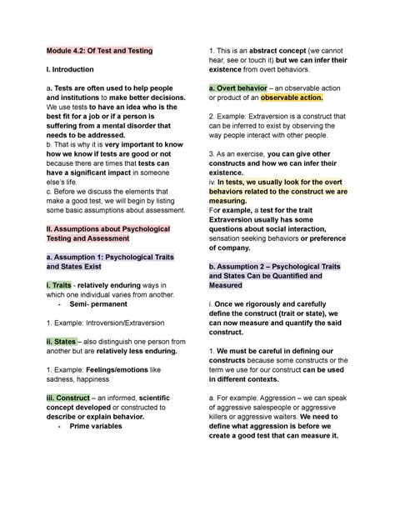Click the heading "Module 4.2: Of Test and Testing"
click(99, 51)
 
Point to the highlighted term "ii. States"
click(62, 341)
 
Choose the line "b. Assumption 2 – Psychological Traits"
click(275, 266)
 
